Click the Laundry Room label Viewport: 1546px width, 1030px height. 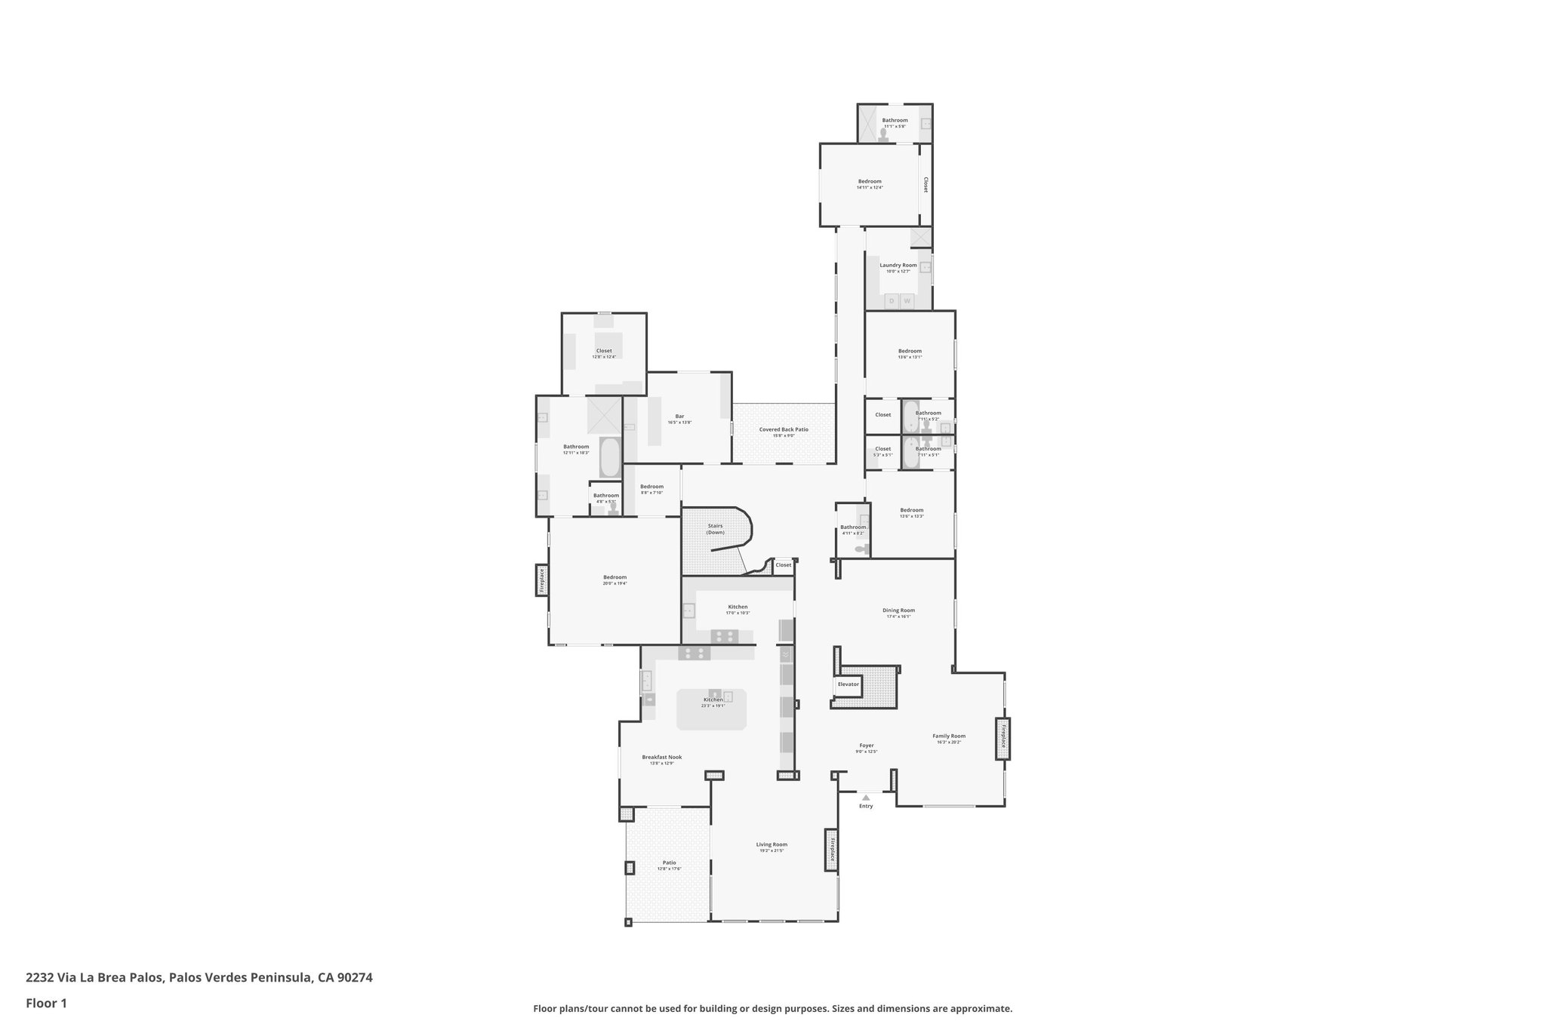tap(898, 265)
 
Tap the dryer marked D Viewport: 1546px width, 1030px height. tap(891, 301)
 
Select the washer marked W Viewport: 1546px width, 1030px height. tap(907, 301)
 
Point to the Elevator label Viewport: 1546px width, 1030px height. tap(848, 684)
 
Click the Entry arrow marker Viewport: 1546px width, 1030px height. tap(866, 797)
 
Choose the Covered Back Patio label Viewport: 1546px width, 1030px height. tap(784, 429)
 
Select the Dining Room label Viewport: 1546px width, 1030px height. tap(898, 610)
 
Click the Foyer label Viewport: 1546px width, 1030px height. tap(866, 746)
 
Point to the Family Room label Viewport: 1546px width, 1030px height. tap(948, 736)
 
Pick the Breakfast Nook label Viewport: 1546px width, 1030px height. tap(661, 757)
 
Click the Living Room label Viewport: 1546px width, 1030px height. tap(771, 844)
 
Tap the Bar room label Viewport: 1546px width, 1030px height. tap(679, 416)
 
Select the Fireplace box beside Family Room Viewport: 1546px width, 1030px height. tap(1003, 738)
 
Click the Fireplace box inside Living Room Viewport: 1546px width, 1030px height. tap(832, 850)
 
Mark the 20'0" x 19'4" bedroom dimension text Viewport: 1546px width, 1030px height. tap(614, 583)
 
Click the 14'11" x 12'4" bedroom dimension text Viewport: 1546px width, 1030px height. tap(869, 187)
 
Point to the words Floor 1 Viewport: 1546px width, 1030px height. tap(46, 1003)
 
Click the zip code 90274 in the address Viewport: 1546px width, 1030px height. tap(354, 977)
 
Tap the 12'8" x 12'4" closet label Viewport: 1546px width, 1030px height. tap(604, 357)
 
